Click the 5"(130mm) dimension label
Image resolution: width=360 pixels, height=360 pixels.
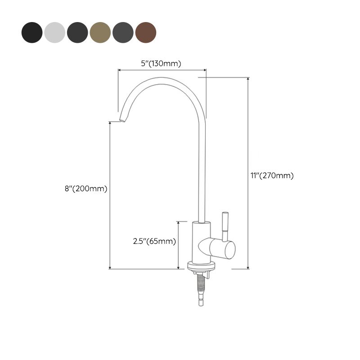(161, 63)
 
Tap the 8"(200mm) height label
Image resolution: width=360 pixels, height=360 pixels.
(85, 189)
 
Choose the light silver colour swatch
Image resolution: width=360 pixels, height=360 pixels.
(55, 31)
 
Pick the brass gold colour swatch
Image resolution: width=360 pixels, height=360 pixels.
(100, 31)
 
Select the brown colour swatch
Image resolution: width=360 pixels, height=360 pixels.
(146, 31)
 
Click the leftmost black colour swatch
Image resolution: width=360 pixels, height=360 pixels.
(32, 31)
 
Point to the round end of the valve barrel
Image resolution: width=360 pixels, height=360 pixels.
(229, 249)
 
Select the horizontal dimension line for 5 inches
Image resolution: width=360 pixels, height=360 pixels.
(162, 70)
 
